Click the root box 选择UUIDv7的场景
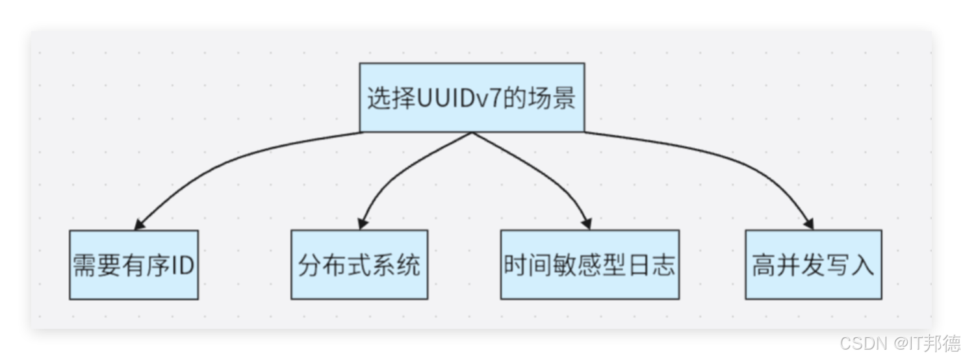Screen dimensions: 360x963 point(472,97)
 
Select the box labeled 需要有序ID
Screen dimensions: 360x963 point(134,265)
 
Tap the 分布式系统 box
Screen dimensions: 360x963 point(359,265)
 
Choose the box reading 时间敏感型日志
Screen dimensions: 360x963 point(589,265)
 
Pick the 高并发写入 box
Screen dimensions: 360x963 point(813,265)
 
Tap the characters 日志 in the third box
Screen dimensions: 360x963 point(654,266)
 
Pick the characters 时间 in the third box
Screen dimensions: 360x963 point(525,266)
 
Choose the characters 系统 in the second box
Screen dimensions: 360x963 point(400,266)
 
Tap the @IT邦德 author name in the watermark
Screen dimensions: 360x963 point(925,342)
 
